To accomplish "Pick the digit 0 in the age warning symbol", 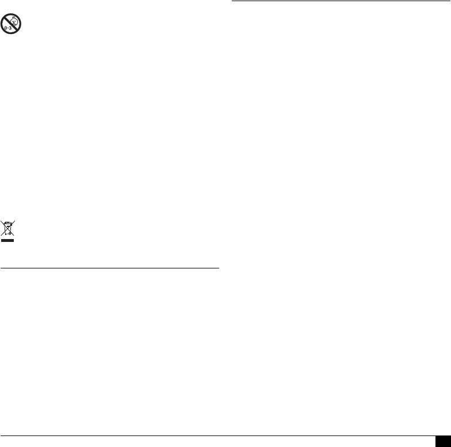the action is click(x=6, y=28).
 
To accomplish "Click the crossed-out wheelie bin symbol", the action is click(x=7, y=228).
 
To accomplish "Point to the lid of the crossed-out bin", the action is click(x=7, y=222).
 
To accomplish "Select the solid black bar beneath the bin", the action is click(x=7, y=241).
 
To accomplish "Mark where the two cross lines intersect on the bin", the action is click(x=7, y=229).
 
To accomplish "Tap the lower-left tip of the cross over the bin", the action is click(x=2, y=236).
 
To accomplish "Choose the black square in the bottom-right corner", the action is click(x=443, y=441).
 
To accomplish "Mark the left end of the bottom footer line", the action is click(x=1, y=435).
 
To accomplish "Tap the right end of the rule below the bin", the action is click(x=219, y=268).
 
